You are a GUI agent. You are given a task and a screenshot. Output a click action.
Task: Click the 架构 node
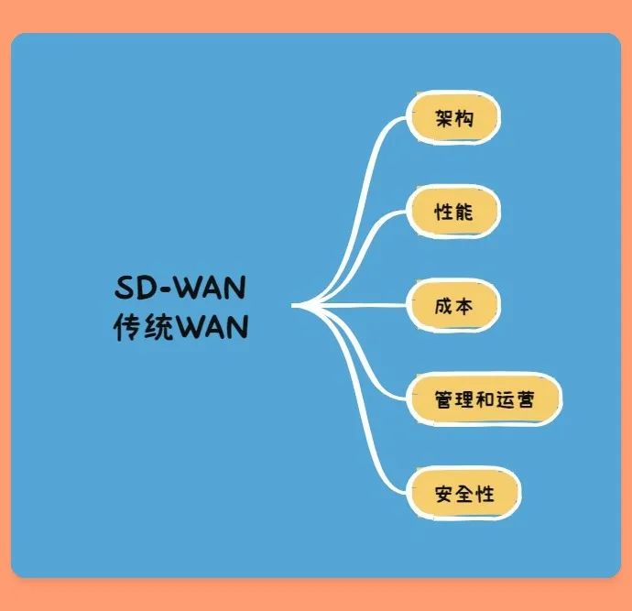click(454, 118)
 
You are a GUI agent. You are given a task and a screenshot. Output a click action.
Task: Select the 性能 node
click(454, 212)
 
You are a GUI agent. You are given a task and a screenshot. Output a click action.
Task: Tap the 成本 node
click(454, 305)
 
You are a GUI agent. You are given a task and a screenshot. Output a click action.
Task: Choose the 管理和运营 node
click(485, 399)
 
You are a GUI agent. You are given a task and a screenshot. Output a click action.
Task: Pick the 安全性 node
click(465, 494)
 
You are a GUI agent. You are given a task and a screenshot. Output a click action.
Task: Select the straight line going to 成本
click(366, 305)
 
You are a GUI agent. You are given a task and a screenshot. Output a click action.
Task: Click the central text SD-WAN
click(180, 289)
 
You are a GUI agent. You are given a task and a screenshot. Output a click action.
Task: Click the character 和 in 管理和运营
click(485, 399)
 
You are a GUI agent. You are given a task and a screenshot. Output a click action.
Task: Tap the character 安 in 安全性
click(445, 494)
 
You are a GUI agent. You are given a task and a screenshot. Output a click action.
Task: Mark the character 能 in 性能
click(464, 212)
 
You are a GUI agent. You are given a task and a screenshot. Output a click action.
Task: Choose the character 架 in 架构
click(444, 118)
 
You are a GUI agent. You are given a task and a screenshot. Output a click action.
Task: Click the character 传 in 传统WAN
click(126, 327)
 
